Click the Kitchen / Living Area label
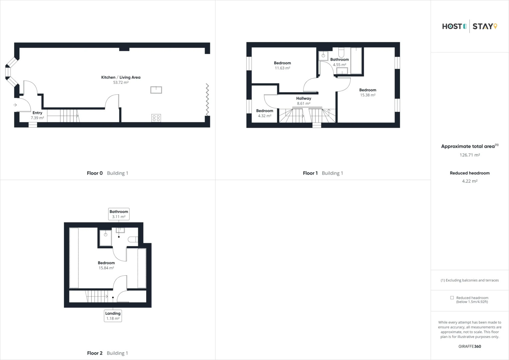click(121, 77)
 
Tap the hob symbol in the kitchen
click(156, 118)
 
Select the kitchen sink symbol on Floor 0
click(156, 90)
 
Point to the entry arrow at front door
click(15, 105)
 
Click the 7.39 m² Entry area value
click(37, 118)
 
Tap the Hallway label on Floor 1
click(303, 98)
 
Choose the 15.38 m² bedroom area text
click(367, 95)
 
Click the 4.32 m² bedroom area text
click(264, 116)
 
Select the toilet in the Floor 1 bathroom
click(341, 53)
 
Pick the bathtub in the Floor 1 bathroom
click(356, 60)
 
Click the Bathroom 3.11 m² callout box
click(119, 214)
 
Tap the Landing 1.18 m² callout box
click(113, 316)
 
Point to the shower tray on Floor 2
click(106, 237)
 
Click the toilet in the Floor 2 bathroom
click(133, 239)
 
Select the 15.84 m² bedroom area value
click(106, 268)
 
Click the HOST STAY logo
click(469, 26)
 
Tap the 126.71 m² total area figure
click(469, 155)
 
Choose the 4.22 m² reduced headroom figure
click(469, 181)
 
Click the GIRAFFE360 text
click(469, 346)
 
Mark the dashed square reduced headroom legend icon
click(452, 298)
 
